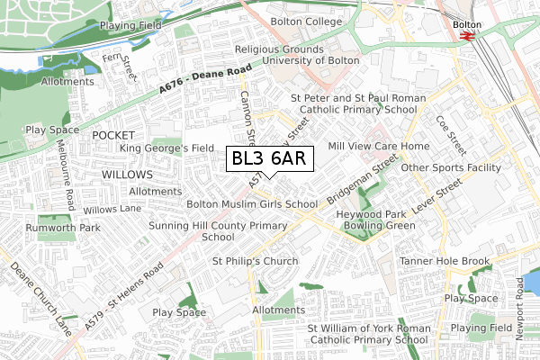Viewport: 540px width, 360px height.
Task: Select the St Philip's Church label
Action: click(255, 261)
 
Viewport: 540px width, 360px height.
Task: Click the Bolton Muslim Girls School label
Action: click(251, 204)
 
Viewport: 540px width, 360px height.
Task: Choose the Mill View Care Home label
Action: click(379, 146)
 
